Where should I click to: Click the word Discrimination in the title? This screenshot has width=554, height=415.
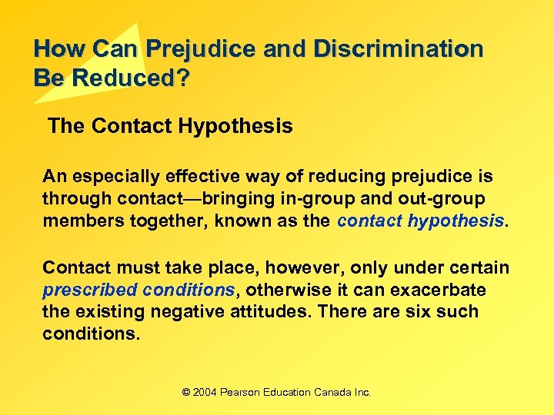point(397,49)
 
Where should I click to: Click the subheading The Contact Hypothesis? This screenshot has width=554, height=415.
point(170,126)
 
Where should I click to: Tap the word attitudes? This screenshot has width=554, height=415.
point(269,312)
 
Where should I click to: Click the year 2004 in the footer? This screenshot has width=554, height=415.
point(205,392)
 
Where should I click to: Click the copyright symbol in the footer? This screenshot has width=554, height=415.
point(185,392)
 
